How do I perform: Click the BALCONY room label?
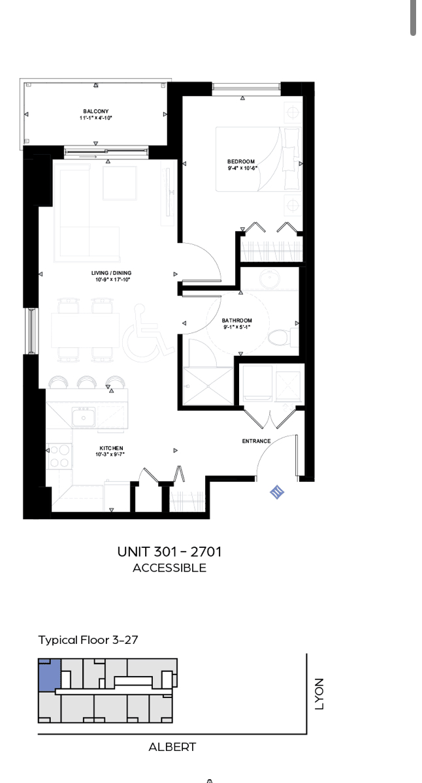coord(96,112)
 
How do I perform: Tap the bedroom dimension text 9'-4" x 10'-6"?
coord(241,168)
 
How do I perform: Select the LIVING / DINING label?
coord(111,273)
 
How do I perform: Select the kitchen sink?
coord(84,417)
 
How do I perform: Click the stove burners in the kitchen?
coord(59,455)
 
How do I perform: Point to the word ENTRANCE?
coord(257,441)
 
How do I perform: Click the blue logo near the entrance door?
coord(277,492)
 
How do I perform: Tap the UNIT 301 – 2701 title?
coord(169,552)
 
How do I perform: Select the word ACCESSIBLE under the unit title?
coord(169,567)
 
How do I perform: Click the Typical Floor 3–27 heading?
coord(88,640)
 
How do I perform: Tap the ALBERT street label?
coord(172,747)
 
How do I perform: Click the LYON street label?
coord(319,694)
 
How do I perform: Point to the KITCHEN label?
coord(111,449)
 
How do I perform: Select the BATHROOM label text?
coord(236,321)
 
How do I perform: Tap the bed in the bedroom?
coord(259,159)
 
